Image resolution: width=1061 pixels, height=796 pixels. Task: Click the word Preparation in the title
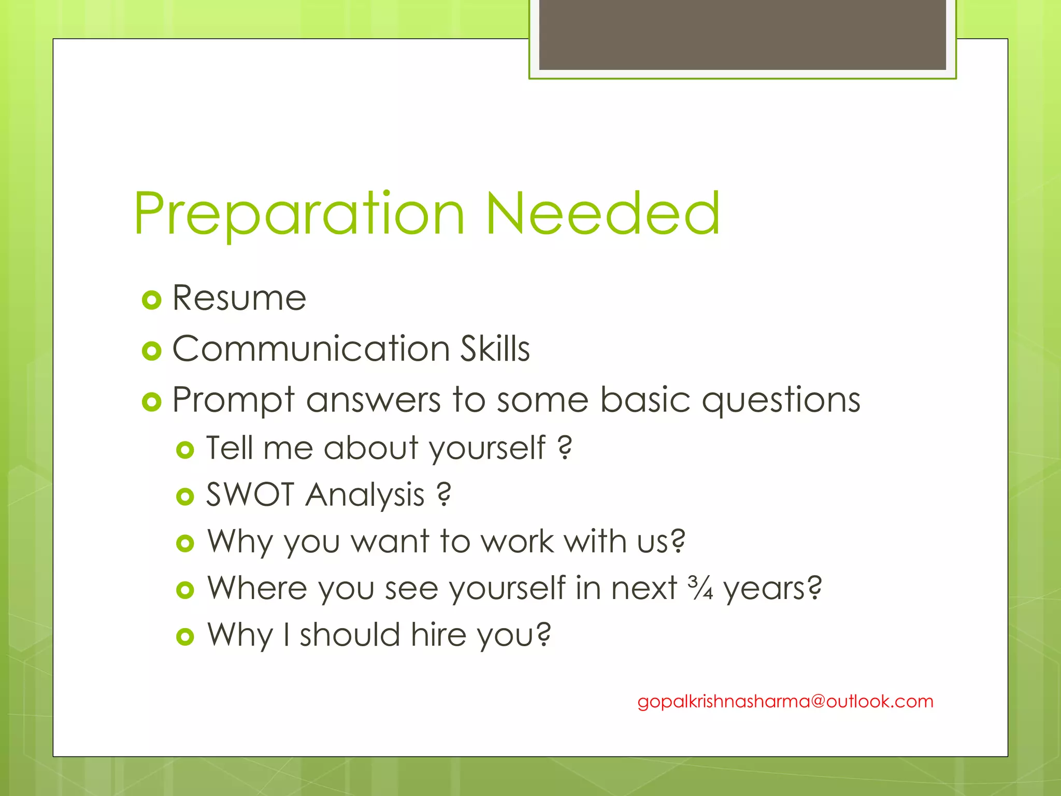pyautogui.click(x=299, y=214)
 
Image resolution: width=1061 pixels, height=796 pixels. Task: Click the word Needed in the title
pyautogui.click(x=603, y=213)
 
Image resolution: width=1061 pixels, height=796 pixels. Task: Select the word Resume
pyautogui.click(x=239, y=298)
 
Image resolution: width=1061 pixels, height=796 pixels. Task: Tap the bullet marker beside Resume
pyautogui.click(x=151, y=300)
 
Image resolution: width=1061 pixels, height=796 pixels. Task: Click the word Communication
pyautogui.click(x=311, y=349)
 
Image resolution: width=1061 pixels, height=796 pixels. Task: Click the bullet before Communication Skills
pyautogui.click(x=151, y=351)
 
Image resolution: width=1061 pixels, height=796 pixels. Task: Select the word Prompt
pyautogui.click(x=233, y=401)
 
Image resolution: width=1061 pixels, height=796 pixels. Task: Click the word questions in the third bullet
pyautogui.click(x=781, y=400)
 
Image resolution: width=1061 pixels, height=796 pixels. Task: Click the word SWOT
pyautogui.click(x=250, y=494)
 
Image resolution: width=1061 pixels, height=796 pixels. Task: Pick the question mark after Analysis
pyautogui.click(x=444, y=494)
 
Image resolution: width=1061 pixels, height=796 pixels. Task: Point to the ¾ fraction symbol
pyautogui.click(x=700, y=588)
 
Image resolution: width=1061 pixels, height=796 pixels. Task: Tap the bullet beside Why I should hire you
pyautogui.click(x=185, y=636)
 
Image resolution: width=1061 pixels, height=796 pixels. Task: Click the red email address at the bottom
pyautogui.click(x=785, y=702)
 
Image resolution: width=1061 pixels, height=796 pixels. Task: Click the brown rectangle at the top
pyautogui.click(x=742, y=34)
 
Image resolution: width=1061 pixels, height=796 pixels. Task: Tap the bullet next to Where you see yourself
pyautogui.click(x=185, y=590)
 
